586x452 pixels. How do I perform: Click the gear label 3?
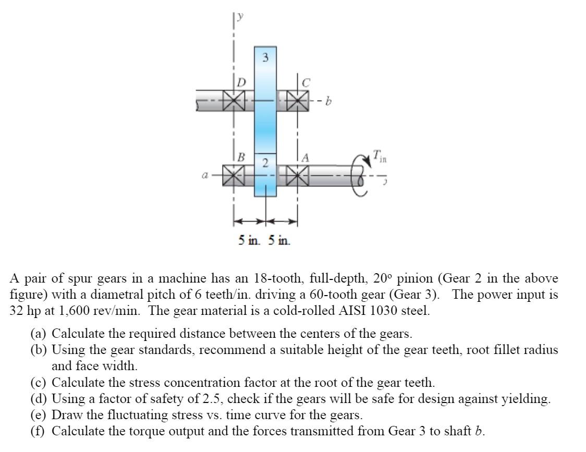[x=265, y=58]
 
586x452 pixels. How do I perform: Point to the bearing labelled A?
[x=298, y=174]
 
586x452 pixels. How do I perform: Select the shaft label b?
[x=328, y=102]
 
